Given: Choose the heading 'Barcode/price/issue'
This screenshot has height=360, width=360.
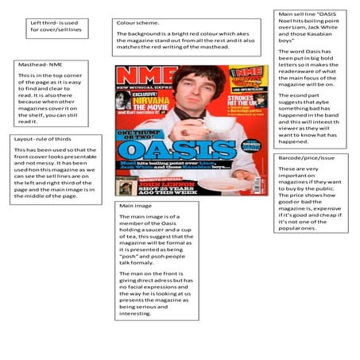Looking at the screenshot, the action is (306, 158).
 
